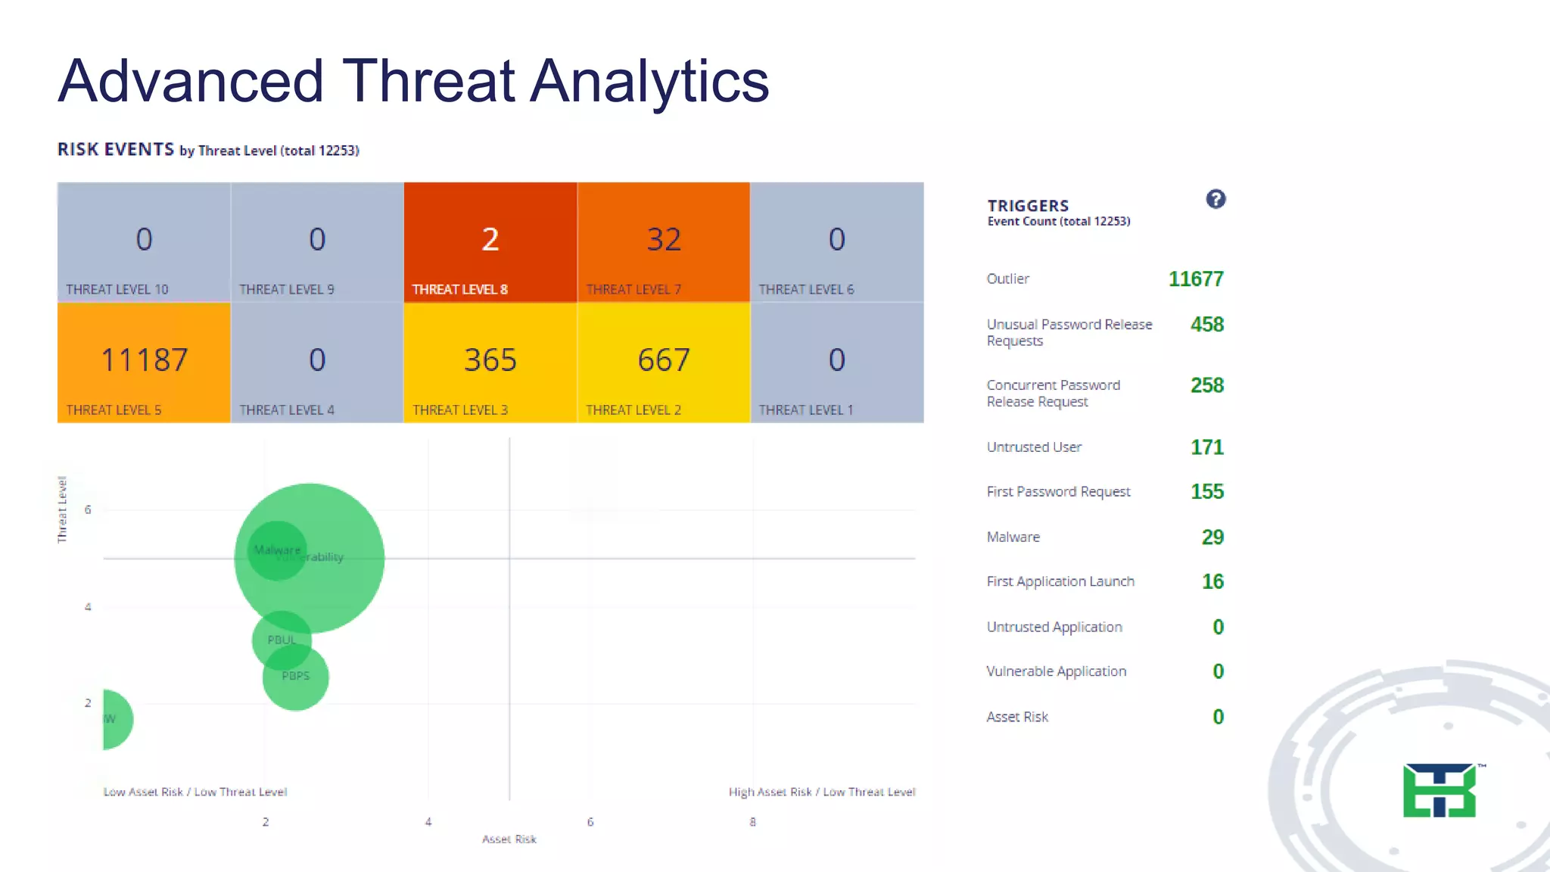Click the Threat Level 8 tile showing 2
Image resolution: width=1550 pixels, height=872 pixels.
[x=490, y=241]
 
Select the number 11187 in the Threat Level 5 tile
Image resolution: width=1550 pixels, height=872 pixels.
[x=144, y=360]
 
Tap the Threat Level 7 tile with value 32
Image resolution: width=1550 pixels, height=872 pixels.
[x=664, y=241]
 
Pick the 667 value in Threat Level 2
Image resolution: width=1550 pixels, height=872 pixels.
[x=664, y=360]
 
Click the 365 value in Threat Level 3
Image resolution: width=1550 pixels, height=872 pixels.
[x=490, y=360]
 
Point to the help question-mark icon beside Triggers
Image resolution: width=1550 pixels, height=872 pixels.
[x=1215, y=199]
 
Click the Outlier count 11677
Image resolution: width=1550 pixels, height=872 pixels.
[x=1196, y=279]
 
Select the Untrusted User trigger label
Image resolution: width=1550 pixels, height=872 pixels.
[x=1034, y=447]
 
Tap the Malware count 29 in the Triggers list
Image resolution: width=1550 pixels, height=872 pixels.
[x=1212, y=537]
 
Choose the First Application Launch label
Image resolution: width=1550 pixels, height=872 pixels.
[x=1060, y=582]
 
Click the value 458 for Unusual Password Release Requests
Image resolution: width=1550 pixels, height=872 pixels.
[x=1206, y=325]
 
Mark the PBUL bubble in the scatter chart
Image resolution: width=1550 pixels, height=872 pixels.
[x=281, y=640]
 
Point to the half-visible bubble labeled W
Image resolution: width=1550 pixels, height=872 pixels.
[x=115, y=719]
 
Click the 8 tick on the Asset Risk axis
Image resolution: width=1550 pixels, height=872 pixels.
[x=752, y=822]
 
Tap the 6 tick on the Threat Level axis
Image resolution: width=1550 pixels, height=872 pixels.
[x=88, y=510]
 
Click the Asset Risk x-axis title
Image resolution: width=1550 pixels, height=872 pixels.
[x=509, y=839]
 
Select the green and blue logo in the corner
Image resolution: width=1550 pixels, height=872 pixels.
[x=1440, y=790]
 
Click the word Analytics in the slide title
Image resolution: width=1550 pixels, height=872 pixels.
[x=649, y=81]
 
